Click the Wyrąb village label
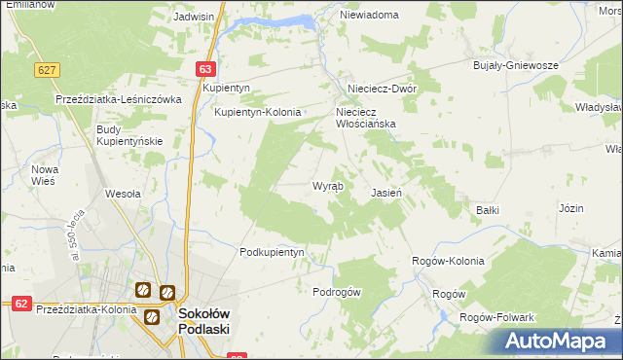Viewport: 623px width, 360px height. pos(326,185)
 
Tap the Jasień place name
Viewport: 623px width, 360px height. pos(386,193)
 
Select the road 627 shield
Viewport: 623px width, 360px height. pos(46,70)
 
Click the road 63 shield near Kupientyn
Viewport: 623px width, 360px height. pos(204,69)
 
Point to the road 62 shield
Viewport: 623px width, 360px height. pos(18,304)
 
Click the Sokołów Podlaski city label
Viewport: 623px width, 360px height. pos(203,321)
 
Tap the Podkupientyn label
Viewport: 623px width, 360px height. pos(272,252)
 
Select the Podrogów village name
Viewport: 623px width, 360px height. pos(337,292)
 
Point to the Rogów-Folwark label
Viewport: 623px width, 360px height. pos(501,318)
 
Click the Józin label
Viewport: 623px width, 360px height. pos(570,208)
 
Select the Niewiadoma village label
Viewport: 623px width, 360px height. pos(369,16)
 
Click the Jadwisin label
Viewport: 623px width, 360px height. pos(193,17)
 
